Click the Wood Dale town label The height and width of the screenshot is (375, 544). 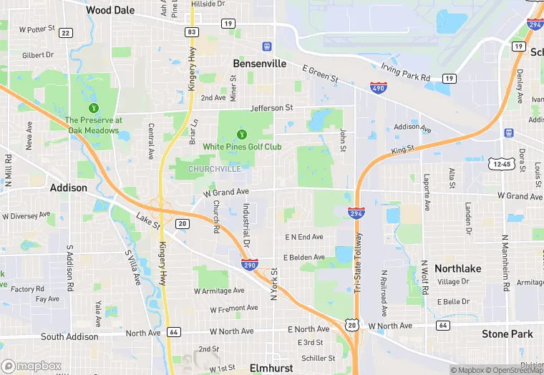click(x=110, y=10)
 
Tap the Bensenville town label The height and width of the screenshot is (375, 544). click(x=260, y=64)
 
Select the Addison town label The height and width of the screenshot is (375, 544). click(x=69, y=188)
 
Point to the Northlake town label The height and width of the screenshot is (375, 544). click(x=458, y=268)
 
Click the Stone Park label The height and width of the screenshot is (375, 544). click(x=507, y=334)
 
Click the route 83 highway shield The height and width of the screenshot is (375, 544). click(x=191, y=32)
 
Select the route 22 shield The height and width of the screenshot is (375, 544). click(x=66, y=33)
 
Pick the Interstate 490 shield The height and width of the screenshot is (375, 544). click(x=379, y=87)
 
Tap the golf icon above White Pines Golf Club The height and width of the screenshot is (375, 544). click(x=242, y=134)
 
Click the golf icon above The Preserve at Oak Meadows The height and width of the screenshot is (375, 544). click(x=93, y=107)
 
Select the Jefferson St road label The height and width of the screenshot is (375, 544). click(x=272, y=108)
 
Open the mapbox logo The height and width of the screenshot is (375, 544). click(x=31, y=366)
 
